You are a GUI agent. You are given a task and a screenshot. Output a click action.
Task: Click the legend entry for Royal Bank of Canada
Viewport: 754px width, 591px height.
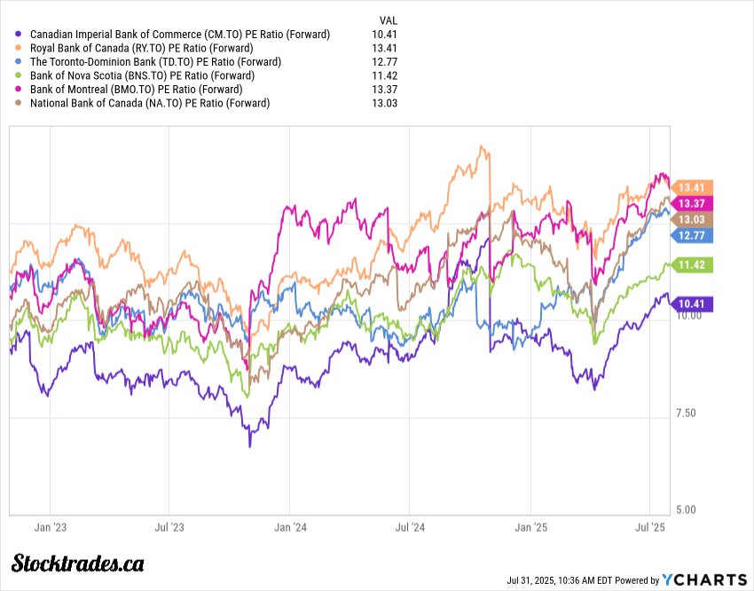tap(141, 48)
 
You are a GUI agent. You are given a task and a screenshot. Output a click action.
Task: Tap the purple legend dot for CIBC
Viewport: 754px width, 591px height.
tap(20, 34)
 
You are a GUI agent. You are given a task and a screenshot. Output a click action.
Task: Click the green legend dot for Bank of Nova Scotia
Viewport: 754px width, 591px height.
tap(20, 75)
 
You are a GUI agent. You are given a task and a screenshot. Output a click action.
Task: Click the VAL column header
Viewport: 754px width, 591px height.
tap(388, 19)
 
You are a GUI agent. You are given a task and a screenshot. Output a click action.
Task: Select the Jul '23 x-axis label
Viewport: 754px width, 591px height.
tap(169, 527)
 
